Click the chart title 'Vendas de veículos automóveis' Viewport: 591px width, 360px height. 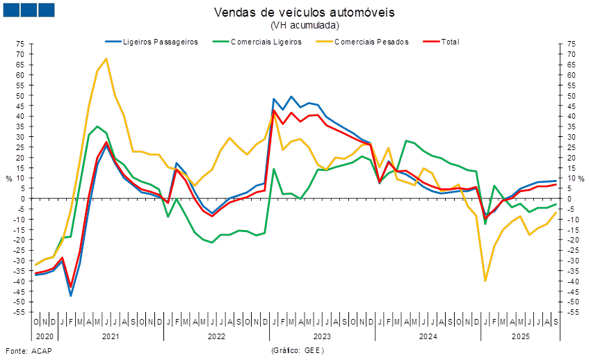[x=305, y=13]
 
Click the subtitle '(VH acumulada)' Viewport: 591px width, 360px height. [x=305, y=25]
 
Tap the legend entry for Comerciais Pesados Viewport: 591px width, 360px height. [x=371, y=42]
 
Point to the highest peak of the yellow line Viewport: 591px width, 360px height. [x=106, y=58]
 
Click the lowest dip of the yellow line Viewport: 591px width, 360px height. [x=485, y=281]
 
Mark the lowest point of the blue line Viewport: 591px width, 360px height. [x=71, y=296]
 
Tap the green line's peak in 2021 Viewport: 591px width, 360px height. [x=97, y=126]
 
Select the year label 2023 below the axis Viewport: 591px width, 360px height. [x=322, y=336]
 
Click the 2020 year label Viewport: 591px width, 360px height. [x=44, y=336]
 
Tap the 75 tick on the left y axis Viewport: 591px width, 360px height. [x=22, y=43]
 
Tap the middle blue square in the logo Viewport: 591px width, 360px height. [x=29, y=10]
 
